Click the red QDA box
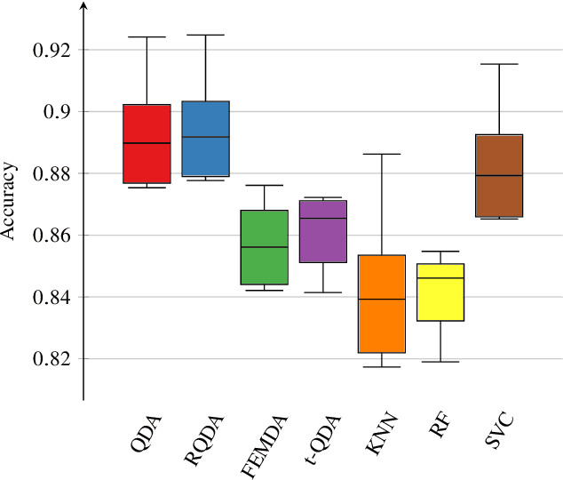(147, 144)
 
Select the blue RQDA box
(205, 139)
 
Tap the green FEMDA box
(264, 247)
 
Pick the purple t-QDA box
(322, 231)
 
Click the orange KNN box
(381, 304)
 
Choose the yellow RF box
(440, 292)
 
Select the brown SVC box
(499, 175)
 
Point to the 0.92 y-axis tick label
(52, 50)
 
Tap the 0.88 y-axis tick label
(52, 173)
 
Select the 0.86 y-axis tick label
(52, 236)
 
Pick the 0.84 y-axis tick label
(52, 297)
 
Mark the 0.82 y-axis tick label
(52, 359)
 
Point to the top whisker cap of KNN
(381, 154)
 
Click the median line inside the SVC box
(499, 176)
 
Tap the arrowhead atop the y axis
(83, 7)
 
